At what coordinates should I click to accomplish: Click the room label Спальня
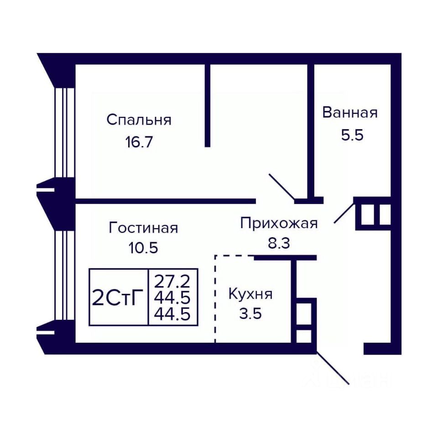(x=139, y=120)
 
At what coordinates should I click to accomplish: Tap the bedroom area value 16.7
(x=139, y=142)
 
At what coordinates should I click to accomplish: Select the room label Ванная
(x=350, y=113)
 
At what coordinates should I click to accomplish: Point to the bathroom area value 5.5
(x=352, y=135)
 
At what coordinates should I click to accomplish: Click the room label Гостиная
(x=143, y=228)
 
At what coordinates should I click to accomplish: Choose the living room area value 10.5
(x=143, y=248)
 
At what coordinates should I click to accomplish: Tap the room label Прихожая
(x=279, y=224)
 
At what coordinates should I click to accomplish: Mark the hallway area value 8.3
(x=279, y=243)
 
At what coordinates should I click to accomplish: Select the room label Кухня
(x=250, y=294)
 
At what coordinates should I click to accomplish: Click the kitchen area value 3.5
(x=250, y=313)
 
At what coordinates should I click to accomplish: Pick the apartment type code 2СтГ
(x=118, y=298)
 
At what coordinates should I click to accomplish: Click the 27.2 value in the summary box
(x=172, y=282)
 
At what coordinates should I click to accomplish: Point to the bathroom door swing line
(x=282, y=187)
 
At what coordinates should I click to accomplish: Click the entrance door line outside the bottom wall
(x=333, y=369)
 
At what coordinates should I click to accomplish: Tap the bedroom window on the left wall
(x=65, y=133)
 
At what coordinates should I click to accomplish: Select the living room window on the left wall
(x=65, y=276)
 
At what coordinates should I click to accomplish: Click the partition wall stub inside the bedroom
(x=207, y=105)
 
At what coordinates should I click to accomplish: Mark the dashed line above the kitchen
(x=234, y=255)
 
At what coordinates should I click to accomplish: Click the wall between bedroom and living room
(x=166, y=201)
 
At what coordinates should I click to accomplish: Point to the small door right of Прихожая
(x=344, y=214)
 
